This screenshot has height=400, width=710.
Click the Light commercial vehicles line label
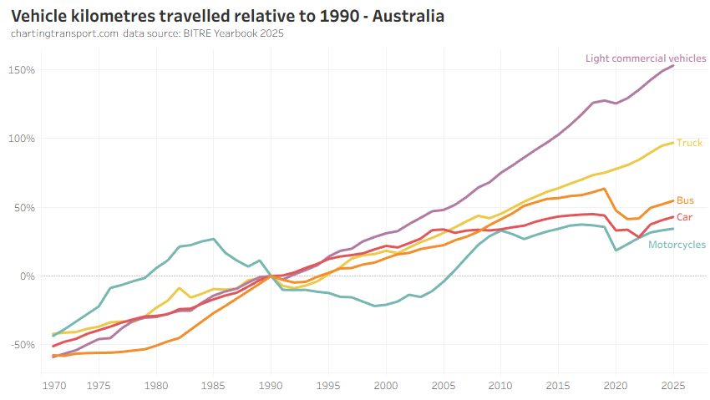coord(646,58)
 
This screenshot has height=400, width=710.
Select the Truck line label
coord(689,143)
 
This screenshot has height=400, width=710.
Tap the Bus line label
coord(685,200)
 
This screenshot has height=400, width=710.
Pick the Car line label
coord(684,217)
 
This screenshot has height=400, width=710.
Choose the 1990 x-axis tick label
coord(271,386)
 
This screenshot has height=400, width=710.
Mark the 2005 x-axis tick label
coord(443,386)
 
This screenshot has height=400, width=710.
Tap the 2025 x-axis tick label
coord(672,386)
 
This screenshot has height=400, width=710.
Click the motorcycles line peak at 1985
coord(214,239)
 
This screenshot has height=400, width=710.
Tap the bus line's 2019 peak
coord(604,189)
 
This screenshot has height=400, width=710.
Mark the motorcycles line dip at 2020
coord(616,250)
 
